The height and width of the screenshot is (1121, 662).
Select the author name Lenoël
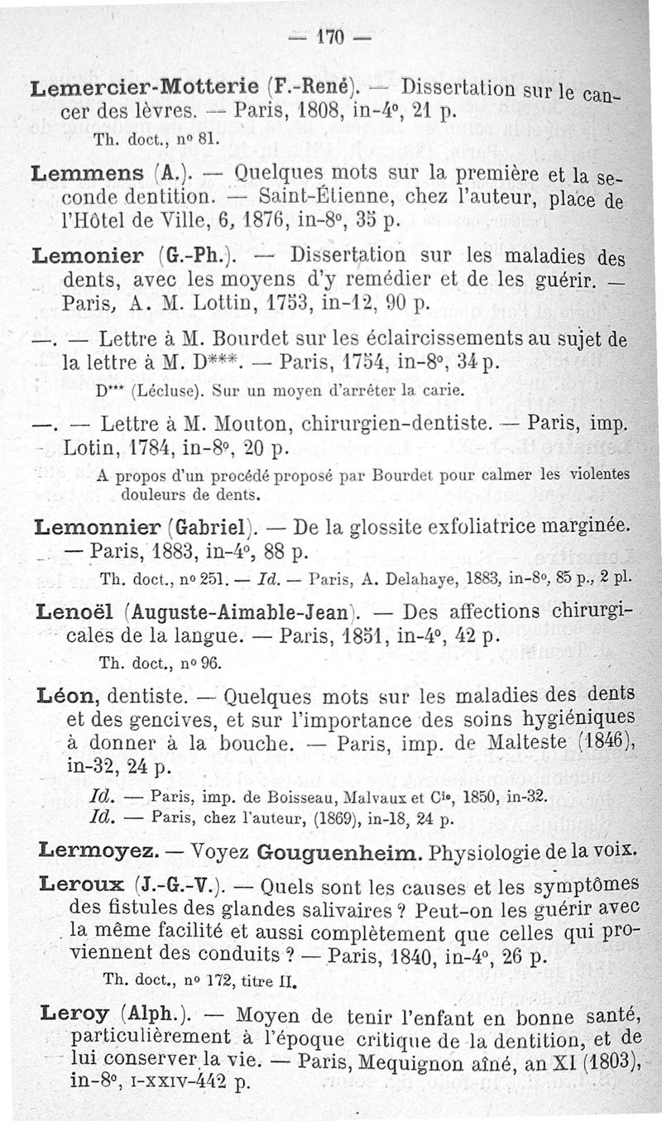(x=74, y=612)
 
